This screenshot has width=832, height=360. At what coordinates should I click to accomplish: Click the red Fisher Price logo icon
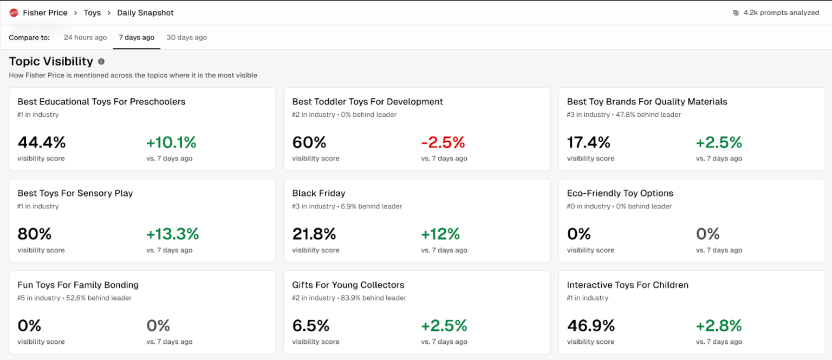pyautogui.click(x=14, y=12)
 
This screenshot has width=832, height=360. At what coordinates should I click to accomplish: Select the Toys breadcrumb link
pyautogui.click(x=92, y=12)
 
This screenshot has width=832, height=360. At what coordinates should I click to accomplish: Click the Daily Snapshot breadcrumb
pyautogui.click(x=145, y=12)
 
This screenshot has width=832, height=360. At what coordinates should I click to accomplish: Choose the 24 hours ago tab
pyautogui.click(x=85, y=37)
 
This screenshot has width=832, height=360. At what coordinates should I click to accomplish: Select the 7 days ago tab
pyautogui.click(x=136, y=37)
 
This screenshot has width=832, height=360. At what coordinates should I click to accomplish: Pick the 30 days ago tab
pyautogui.click(x=186, y=37)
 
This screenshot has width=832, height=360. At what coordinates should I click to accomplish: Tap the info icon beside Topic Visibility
pyautogui.click(x=101, y=62)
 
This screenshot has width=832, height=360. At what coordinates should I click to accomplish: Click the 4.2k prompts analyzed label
pyautogui.click(x=781, y=12)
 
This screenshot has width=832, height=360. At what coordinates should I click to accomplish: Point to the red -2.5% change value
pyautogui.click(x=443, y=142)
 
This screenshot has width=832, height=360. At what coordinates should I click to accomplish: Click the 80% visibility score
pyautogui.click(x=35, y=234)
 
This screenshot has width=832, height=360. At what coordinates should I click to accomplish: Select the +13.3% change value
pyautogui.click(x=172, y=234)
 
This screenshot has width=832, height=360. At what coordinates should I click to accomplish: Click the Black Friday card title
pyautogui.click(x=318, y=193)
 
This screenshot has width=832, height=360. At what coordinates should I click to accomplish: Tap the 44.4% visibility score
pyautogui.click(x=42, y=142)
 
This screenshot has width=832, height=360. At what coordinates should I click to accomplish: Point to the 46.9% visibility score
pyautogui.click(x=591, y=325)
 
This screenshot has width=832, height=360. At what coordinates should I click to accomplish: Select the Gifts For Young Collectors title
pyautogui.click(x=348, y=285)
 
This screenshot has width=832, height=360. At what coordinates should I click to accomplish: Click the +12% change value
pyautogui.click(x=440, y=234)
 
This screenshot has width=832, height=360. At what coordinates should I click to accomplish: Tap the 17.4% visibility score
pyautogui.click(x=588, y=142)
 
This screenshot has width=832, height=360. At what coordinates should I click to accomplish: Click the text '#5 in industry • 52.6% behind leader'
pyautogui.click(x=74, y=298)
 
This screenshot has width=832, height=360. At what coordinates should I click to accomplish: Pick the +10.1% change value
pyautogui.click(x=171, y=142)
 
